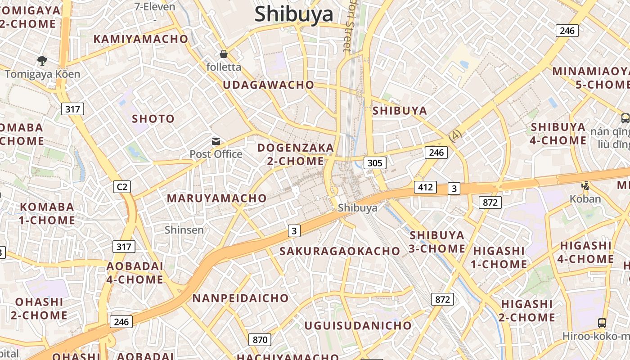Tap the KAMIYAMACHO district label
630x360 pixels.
pyautogui.click(x=140, y=39)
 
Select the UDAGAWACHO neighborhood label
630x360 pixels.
pyautogui.click(x=269, y=85)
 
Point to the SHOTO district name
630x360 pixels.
pyautogui.click(x=153, y=119)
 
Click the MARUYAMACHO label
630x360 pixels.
pyautogui.click(x=217, y=198)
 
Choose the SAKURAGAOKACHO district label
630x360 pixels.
pyautogui.click(x=340, y=251)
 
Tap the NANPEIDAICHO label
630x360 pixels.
pyautogui.click(x=240, y=298)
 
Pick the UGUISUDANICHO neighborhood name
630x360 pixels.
pyautogui.click(x=358, y=325)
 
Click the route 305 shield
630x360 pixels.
pyautogui.click(x=374, y=162)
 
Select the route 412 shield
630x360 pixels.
pyautogui.click(x=425, y=187)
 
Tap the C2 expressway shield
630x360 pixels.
pyautogui.click(x=121, y=186)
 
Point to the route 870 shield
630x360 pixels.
pyautogui.click(x=260, y=340)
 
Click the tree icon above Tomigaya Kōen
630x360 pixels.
pyautogui.click(x=43, y=60)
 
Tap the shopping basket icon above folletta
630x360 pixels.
pyautogui.click(x=224, y=54)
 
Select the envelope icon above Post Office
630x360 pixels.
pyautogui.click(x=216, y=141)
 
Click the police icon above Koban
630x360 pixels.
pyautogui.click(x=585, y=185)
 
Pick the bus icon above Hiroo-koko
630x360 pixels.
pyautogui.click(x=602, y=323)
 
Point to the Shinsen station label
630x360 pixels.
pyautogui.click(x=184, y=230)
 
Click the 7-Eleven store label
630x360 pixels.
pyautogui.click(x=154, y=6)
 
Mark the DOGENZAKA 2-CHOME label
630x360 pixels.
pyautogui.click(x=296, y=154)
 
